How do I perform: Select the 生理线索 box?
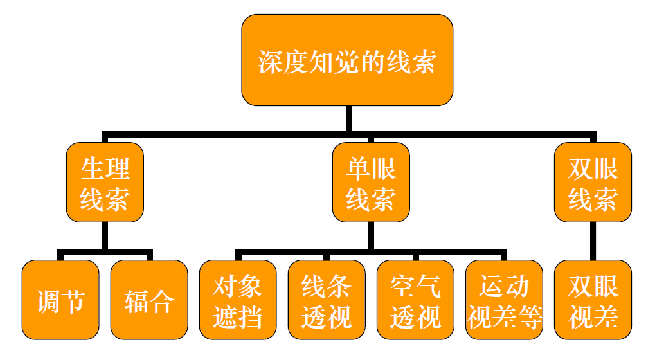click(105, 183)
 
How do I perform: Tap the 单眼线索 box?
click(371, 183)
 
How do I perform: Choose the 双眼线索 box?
click(593, 183)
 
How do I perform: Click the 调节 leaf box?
click(60, 300)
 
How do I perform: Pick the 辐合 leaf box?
click(149, 300)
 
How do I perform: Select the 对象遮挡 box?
click(238, 300)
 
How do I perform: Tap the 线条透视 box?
click(327, 300)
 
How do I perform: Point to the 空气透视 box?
click(415, 300)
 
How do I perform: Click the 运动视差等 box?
click(505, 300)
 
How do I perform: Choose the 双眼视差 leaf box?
click(593, 300)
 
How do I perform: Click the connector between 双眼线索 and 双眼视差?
click(593, 241)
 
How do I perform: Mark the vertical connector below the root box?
click(348, 120)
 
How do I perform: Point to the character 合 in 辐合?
click(161, 301)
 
